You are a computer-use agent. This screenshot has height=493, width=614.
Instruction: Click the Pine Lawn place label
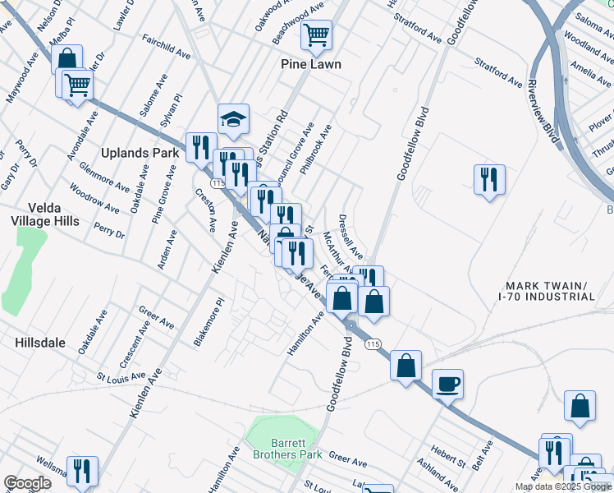click(310, 64)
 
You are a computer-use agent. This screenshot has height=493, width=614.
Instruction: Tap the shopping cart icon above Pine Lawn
click(316, 35)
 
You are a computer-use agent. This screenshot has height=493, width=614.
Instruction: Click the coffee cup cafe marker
click(447, 384)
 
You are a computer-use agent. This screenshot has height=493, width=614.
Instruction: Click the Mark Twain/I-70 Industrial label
click(548, 291)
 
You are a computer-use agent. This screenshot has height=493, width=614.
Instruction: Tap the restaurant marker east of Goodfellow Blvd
click(489, 179)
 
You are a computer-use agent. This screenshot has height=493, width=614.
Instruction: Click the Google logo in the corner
click(28, 483)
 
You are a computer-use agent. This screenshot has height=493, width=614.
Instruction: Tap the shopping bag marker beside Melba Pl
click(66, 59)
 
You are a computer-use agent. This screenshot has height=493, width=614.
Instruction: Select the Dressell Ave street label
click(351, 239)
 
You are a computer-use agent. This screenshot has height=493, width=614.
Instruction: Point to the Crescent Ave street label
click(133, 344)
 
